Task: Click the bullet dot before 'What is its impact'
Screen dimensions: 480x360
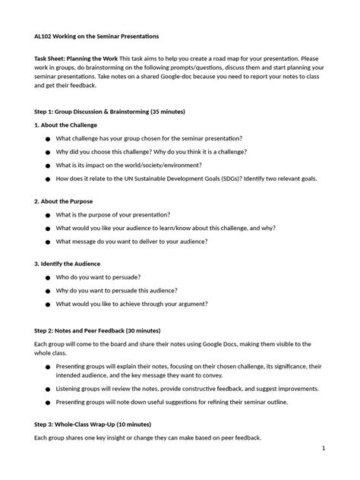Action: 49,166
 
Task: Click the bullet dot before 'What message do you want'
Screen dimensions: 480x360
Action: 49,242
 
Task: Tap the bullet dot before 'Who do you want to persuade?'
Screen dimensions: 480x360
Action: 49,279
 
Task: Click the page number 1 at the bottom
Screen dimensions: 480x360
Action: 323,448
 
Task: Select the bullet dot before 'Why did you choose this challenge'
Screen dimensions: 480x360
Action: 49,152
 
